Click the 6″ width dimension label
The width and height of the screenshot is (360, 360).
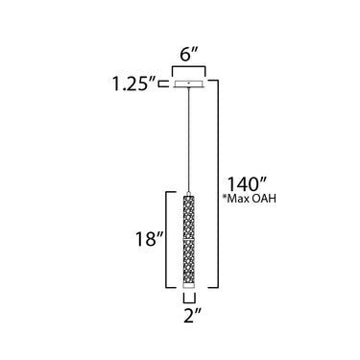tap(189, 55)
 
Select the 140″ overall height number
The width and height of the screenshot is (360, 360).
tap(247, 184)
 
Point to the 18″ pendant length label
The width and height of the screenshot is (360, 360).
tap(150, 239)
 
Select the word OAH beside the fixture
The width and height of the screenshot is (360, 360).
tap(265, 199)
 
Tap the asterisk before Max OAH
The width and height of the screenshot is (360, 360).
tap(225, 197)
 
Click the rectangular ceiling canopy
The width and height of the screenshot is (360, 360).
tap(189, 84)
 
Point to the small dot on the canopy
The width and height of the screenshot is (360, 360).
tap(189, 83)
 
